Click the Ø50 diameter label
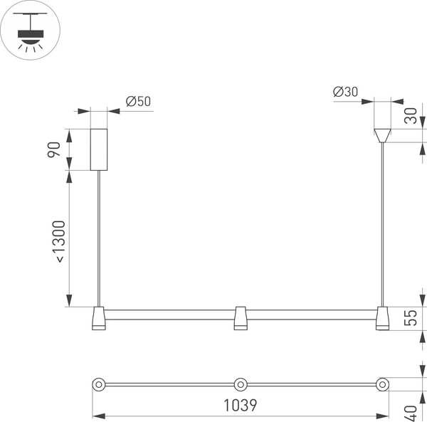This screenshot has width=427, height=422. (138, 101)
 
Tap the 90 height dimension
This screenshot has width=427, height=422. (54, 149)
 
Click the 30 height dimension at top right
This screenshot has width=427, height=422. (411, 116)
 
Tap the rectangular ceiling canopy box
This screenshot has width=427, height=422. (98, 149)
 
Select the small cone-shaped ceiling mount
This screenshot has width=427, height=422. (383, 134)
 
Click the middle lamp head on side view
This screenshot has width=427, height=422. (241, 319)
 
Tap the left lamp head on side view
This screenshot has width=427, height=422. (98, 319)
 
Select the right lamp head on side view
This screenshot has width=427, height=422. (383, 319)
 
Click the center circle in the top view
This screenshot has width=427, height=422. (241, 384)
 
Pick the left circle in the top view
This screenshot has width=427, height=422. (99, 384)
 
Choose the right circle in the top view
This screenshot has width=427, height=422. (382, 384)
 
